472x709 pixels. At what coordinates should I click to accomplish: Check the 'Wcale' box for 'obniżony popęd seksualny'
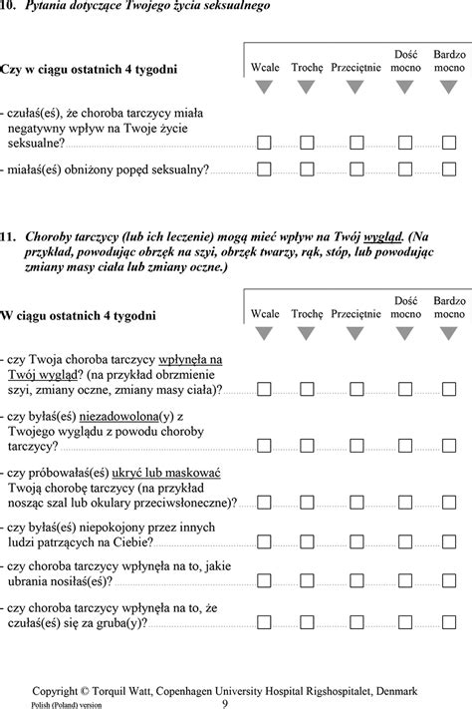click(264, 170)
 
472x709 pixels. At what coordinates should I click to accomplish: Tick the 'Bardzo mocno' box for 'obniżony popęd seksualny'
click(449, 170)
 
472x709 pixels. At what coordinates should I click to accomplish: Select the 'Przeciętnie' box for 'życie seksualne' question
click(355, 144)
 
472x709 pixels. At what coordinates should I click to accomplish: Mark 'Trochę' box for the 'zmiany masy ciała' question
click(309, 389)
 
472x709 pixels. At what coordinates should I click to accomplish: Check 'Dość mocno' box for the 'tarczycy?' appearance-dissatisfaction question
click(403, 445)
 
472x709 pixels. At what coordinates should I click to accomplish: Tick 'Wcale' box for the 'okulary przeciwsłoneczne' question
click(264, 503)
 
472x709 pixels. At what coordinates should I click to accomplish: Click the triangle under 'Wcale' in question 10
click(264, 89)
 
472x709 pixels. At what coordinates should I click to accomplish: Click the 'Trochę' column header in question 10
click(308, 68)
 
